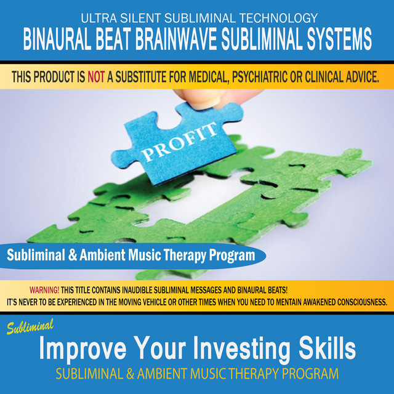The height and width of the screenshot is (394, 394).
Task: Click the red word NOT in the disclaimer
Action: click(96, 77)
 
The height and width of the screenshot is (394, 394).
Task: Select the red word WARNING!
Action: click(44, 290)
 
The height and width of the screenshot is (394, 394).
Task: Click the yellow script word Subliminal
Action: click(30, 326)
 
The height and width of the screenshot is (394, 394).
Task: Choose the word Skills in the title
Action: click(327, 347)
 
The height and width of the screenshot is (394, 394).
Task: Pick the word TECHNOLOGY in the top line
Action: click(278, 18)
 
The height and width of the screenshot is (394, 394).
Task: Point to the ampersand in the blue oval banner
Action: click(73, 255)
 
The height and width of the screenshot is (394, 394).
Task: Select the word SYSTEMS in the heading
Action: click(339, 39)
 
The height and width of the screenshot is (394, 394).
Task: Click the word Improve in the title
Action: click(82, 349)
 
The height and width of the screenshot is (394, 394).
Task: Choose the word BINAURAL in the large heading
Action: click(57, 39)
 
